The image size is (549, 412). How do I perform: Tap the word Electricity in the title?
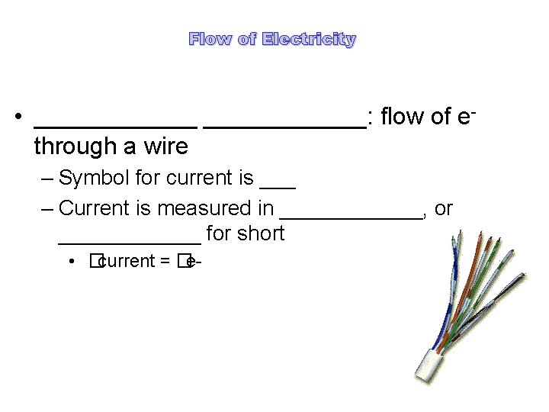click(308, 39)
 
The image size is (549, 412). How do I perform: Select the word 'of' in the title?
click(247, 39)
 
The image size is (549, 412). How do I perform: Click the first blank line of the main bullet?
click(116, 124)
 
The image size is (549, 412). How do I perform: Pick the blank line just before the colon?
click(285, 124)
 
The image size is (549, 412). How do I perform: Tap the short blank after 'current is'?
click(278, 185)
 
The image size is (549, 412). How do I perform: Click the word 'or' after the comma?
click(444, 208)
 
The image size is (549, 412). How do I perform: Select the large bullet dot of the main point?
click(17, 119)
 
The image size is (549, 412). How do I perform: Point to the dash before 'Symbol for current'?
click(49, 179)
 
